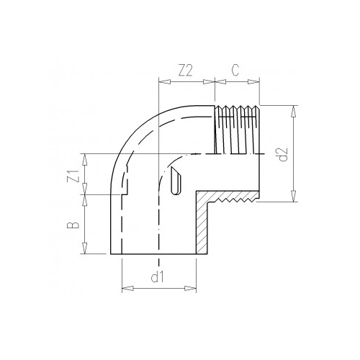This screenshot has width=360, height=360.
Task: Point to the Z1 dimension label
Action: click(x=71, y=174)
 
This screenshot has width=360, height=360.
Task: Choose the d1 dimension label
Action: click(x=159, y=276)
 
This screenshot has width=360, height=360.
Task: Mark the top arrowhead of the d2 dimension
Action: click(x=294, y=109)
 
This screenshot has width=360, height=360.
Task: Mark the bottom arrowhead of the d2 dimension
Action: click(x=294, y=199)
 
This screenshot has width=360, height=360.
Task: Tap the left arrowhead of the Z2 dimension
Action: click(x=161, y=85)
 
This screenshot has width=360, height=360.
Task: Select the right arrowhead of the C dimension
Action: click(x=256, y=85)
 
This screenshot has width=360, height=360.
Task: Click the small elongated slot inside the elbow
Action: click(x=174, y=186)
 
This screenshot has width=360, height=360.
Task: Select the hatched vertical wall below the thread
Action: click(x=203, y=227)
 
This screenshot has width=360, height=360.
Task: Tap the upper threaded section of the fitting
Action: click(x=235, y=130)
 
